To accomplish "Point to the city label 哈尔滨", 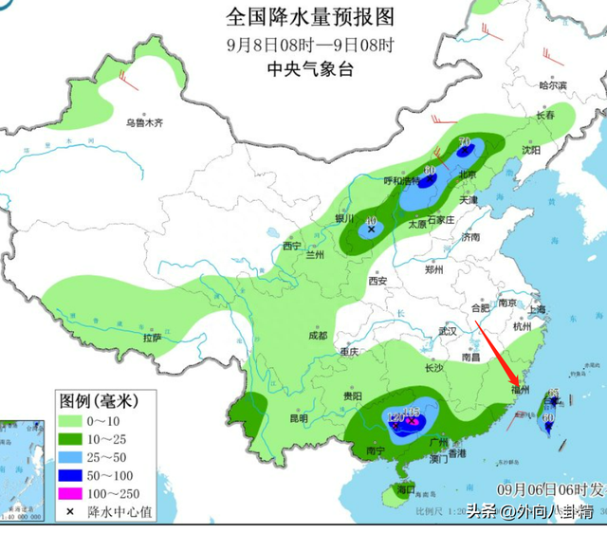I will click(552, 85).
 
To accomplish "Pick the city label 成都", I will click(317, 336).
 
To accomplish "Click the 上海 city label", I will click(538, 309).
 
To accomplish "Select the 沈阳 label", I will click(529, 150).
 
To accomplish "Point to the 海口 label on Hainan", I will click(407, 489).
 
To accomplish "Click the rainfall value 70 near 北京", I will click(464, 142).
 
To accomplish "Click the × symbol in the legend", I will click(70, 512).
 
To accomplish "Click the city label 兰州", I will click(315, 256).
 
